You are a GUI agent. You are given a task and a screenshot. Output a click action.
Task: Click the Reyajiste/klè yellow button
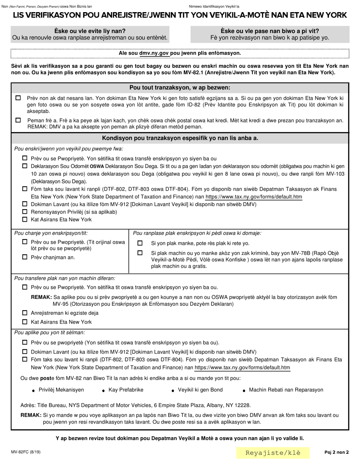coord(273,453)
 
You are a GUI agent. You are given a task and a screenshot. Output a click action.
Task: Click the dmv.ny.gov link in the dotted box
coord(154,53)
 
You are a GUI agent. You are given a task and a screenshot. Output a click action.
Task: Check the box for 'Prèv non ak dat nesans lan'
coord(18,98)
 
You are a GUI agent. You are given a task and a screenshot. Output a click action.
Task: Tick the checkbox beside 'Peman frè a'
coord(18,120)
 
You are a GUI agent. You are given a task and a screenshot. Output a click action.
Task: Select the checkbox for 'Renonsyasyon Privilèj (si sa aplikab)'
coord(25,212)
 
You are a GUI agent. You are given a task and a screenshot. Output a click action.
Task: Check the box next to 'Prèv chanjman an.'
coord(25,257)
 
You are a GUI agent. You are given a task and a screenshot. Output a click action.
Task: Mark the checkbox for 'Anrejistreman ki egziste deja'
coord(25,313)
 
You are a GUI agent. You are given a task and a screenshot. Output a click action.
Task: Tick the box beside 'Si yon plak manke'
coord(140,243)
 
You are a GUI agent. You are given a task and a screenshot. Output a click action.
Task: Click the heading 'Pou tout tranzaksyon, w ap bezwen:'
coord(180,88)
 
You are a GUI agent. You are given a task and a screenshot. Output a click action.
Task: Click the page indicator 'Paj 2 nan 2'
coord(337,452)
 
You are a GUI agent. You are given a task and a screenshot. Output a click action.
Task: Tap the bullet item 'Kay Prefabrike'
coord(126,390)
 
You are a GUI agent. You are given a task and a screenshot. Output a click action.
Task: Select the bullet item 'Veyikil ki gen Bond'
coord(200,390)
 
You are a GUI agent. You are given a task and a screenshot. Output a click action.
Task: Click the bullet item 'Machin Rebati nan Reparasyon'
coord(286,390)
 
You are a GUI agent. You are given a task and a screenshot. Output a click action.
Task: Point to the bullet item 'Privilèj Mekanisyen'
coord(61,390)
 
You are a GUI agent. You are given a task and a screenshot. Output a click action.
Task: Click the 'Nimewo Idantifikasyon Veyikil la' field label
coord(214,6)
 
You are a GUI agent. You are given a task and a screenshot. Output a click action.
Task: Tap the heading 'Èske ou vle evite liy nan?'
coord(90,31)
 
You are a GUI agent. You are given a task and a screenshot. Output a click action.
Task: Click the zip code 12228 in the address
coord(242,405)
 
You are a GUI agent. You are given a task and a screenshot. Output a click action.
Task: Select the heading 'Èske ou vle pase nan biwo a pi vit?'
coord(270,31)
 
